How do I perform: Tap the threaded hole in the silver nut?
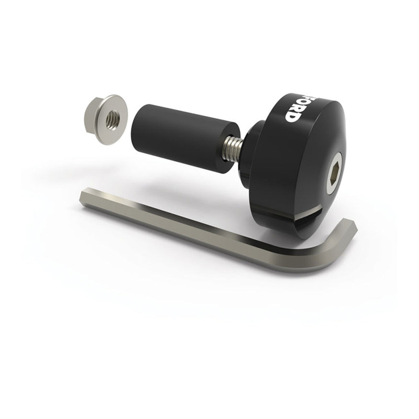[113, 120]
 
